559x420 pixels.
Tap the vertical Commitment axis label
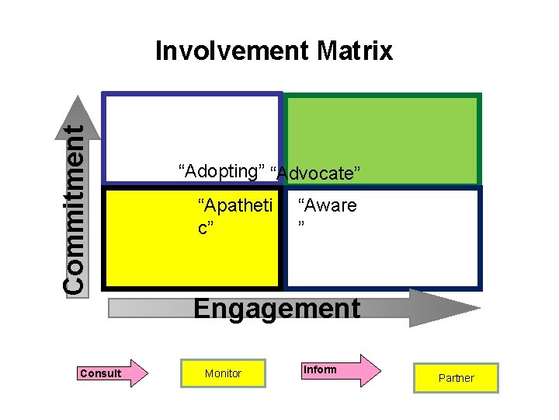point(74,210)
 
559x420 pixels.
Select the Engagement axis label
point(276,309)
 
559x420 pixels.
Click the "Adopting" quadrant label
point(221,170)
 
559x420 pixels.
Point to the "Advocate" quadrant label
point(319,173)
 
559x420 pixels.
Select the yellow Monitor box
point(223,373)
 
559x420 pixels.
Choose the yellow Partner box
point(456,378)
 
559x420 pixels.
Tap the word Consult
point(101,373)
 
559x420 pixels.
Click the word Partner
point(456,378)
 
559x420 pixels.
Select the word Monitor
point(223,373)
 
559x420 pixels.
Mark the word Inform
point(321,369)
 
